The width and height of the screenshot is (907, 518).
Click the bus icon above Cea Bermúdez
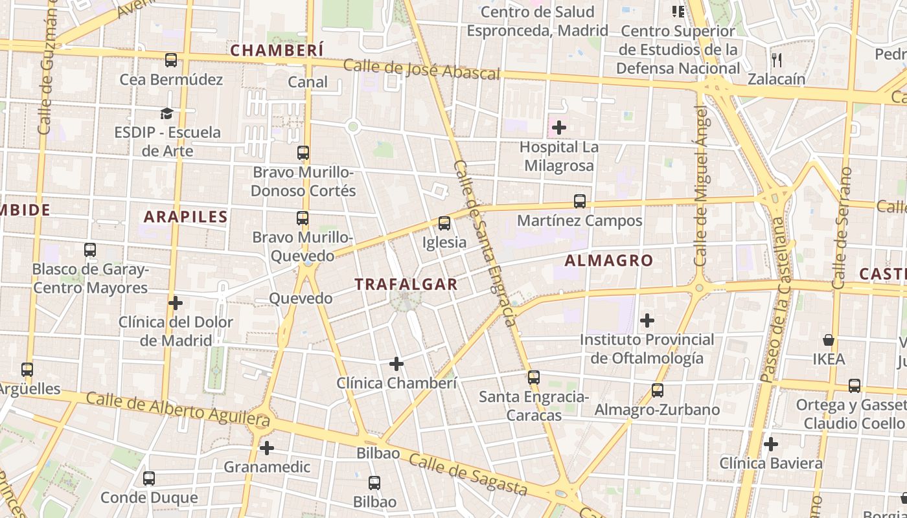pos(171,60)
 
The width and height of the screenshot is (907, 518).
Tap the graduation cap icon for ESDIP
pos(167,113)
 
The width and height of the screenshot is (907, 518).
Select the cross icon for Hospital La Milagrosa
pos(558,128)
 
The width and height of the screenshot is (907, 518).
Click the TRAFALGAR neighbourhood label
pos(406,284)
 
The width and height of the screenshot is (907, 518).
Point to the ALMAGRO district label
pos(608,260)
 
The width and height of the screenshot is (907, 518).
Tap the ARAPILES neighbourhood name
pos(185,217)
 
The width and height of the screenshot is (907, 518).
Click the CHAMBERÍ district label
pos(277,50)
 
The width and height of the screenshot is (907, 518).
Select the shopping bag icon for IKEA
pos(828,339)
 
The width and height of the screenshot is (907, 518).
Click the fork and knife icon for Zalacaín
pos(777,60)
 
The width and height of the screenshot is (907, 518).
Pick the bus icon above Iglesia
pos(444,223)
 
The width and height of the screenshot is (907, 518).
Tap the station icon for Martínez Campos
pos(580,201)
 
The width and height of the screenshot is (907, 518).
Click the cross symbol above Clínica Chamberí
pos(396,364)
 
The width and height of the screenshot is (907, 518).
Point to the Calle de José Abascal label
pos(422,69)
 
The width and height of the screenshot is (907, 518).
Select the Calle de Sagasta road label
pos(468,474)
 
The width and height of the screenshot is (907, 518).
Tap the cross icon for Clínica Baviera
pos(770,444)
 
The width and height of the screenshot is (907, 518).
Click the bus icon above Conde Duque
pos(149,479)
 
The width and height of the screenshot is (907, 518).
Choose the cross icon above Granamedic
pos(267,447)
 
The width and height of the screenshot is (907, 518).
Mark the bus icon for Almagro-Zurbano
pos(658,390)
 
